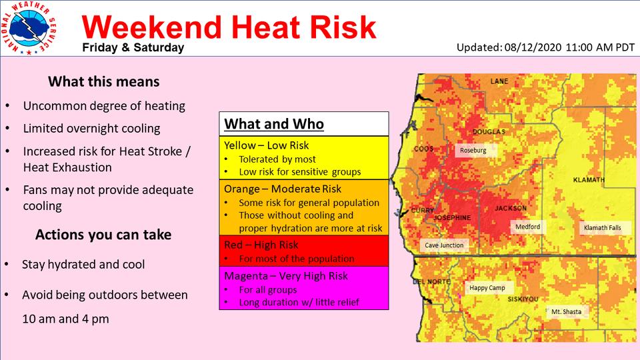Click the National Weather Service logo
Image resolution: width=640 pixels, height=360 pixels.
tap(29, 29)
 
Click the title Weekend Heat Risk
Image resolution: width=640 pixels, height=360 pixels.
tap(229, 27)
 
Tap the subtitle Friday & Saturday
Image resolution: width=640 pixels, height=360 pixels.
tap(133, 48)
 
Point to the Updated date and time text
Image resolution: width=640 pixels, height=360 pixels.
tap(545, 47)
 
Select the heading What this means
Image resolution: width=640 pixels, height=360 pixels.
tap(104, 81)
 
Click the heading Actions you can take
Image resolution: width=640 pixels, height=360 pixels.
tap(103, 235)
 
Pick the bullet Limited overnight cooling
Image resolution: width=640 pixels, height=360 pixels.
tap(91, 129)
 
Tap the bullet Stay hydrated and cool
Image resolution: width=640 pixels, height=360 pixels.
tap(83, 265)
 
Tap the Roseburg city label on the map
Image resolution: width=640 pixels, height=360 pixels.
tap(473, 150)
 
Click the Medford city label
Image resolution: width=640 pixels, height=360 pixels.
tap(527, 227)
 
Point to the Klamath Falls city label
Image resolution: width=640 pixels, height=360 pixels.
tap(602, 228)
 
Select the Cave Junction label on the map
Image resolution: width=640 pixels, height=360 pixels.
tap(444, 245)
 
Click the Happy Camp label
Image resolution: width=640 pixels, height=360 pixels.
tap(487, 288)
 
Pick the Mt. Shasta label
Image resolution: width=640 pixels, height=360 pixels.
tap(566, 312)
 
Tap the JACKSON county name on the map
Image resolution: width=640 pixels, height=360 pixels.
tap(511, 208)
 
